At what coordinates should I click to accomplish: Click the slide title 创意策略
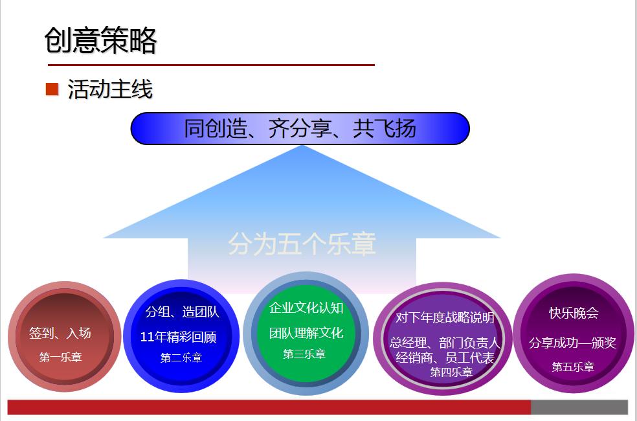click(x=101, y=40)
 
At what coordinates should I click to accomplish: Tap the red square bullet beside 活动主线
click(x=52, y=89)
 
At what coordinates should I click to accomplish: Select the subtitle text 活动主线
click(x=110, y=89)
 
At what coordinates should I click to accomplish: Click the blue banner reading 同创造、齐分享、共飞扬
click(x=300, y=128)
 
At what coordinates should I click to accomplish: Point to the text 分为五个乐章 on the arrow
click(x=302, y=244)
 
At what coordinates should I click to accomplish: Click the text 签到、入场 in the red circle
click(x=60, y=334)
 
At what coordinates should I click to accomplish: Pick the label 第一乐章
click(x=60, y=357)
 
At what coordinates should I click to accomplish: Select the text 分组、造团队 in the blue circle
click(x=182, y=312)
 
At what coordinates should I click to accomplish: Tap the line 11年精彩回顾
click(x=178, y=337)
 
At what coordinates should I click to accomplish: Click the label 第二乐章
click(x=181, y=358)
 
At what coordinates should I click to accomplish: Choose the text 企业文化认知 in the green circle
click(x=306, y=308)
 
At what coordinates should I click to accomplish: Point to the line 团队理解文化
click(x=306, y=333)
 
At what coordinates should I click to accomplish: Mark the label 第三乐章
click(x=304, y=354)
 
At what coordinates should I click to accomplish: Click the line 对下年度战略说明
click(x=445, y=317)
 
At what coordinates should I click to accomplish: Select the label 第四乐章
click(x=451, y=372)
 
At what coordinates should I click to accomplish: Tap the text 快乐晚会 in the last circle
click(x=574, y=313)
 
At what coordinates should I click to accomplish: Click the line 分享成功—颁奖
click(x=572, y=343)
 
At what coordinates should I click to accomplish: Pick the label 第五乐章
click(x=573, y=367)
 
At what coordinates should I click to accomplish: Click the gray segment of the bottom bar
click(x=579, y=407)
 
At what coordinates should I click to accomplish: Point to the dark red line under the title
click(x=211, y=65)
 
